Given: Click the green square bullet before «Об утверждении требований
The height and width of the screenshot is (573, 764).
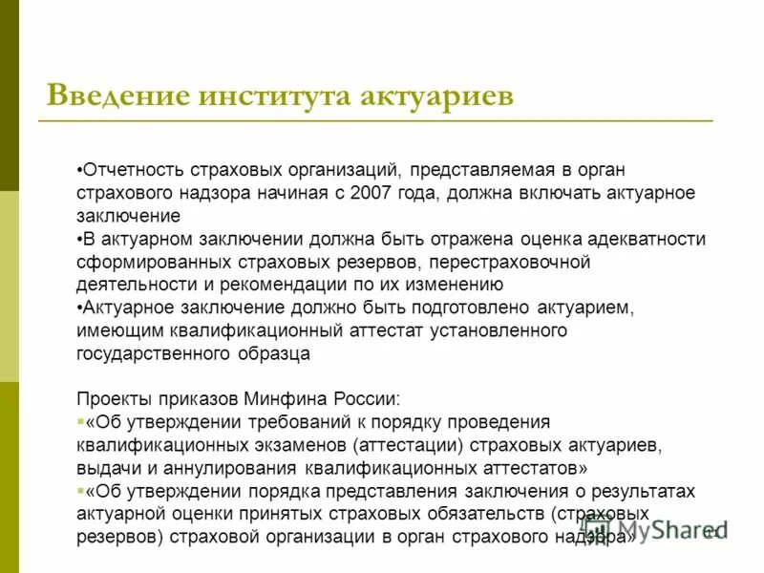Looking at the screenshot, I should [79, 421].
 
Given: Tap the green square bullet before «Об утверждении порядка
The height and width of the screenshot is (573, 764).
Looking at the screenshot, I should [79, 491].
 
